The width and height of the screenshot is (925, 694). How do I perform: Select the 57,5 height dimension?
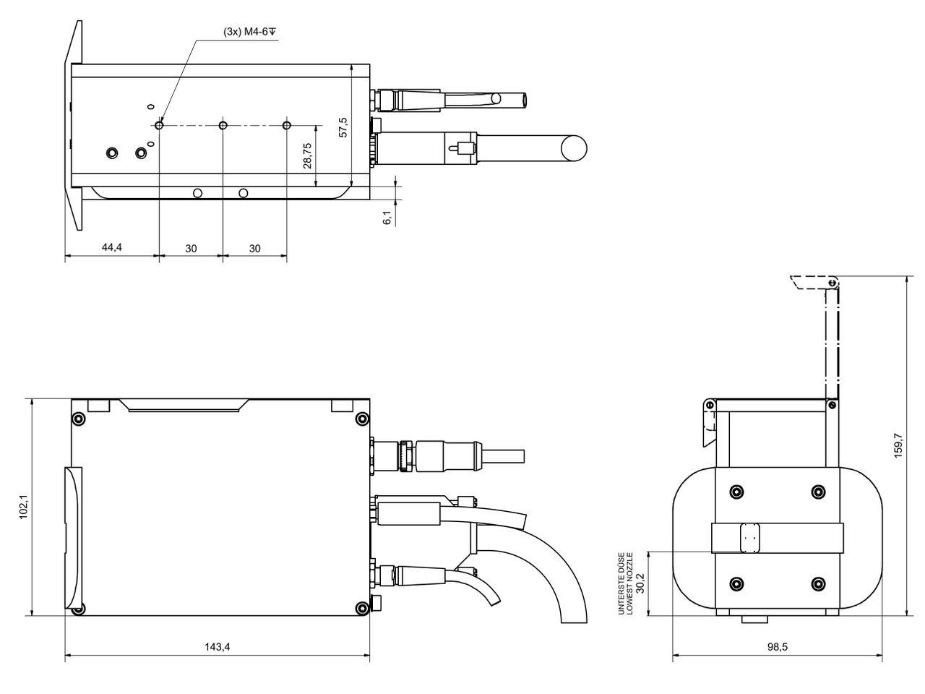click(343, 127)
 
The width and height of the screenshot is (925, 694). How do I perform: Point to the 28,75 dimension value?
click(307, 155)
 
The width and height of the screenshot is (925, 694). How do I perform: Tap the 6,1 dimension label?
click(387, 217)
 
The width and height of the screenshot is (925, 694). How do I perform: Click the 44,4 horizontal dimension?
click(111, 247)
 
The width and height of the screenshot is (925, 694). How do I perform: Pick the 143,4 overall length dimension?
click(217, 647)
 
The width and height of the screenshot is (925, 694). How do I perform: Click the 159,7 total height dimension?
click(898, 446)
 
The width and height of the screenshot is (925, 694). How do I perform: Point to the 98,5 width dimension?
click(777, 647)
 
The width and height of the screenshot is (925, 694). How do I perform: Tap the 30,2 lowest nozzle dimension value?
click(640, 583)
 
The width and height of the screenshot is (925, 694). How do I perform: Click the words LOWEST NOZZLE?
click(629, 583)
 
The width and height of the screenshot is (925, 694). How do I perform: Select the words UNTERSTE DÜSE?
click(621, 583)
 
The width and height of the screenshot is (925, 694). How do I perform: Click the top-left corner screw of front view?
click(79, 419)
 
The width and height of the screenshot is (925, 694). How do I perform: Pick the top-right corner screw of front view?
click(363, 419)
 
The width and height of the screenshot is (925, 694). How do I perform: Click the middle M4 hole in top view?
click(223, 126)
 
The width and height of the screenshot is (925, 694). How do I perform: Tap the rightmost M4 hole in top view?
click(287, 126)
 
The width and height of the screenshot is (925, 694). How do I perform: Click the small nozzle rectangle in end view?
click(751, 538)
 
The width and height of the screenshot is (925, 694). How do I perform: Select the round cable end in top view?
click(575, 147)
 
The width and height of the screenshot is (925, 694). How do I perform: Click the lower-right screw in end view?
click(818, 584)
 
